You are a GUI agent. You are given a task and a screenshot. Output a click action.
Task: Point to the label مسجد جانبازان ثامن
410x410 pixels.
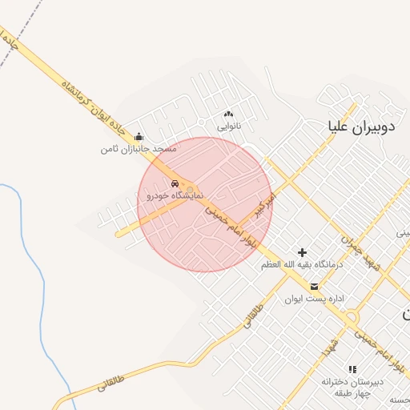coord(138,150)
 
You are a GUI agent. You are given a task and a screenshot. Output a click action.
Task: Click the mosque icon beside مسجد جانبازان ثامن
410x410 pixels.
coord(139,137)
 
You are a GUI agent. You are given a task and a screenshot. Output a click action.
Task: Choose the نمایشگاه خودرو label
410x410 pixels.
coord(175,195)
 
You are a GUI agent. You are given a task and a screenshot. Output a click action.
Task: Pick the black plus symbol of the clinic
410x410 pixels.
coord(302,253)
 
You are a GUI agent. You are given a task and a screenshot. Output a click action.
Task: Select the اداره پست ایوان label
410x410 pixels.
coord(314,299)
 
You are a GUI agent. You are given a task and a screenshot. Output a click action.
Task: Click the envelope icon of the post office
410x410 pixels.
coord(314,287)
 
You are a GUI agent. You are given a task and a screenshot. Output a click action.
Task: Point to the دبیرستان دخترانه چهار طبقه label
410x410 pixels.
coord(353,387)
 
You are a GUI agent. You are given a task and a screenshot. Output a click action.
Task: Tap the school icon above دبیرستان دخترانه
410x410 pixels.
coord(352,369)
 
